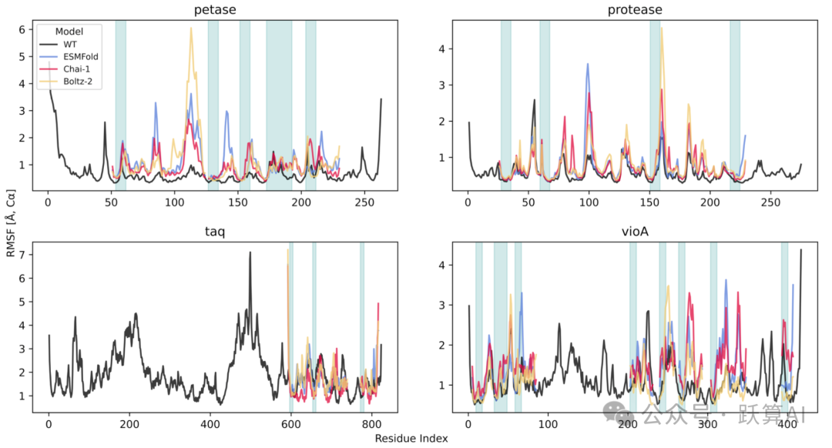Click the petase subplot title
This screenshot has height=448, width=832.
click(x=216, y=10)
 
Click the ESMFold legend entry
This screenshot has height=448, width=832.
click(x=81, y=56)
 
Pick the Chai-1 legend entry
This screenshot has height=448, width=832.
click(x=78, y=69)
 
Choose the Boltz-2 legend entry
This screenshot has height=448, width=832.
click(x=79, y=80)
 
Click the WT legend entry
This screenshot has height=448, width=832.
click(x=70, y=45)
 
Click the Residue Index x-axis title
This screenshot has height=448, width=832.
click(x=411, y=438)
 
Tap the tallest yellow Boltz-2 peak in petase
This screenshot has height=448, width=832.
click(x=191, y=29)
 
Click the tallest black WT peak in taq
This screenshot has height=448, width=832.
click(x=250, y=253)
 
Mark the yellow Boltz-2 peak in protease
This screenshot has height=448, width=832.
click(x=661, y=28)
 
